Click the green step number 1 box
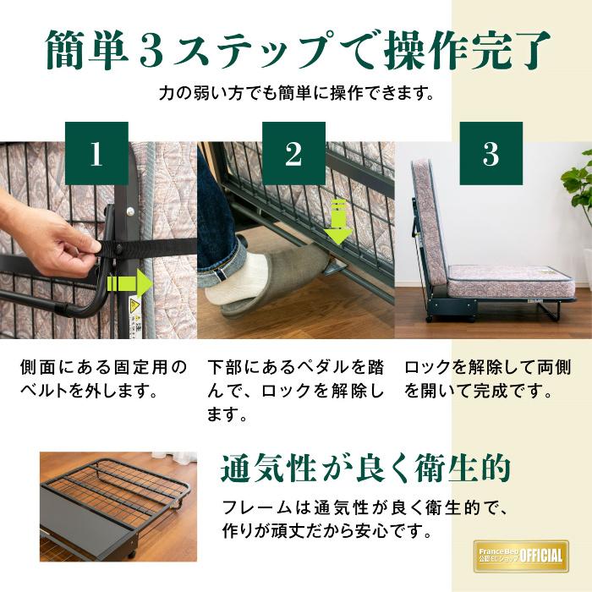(x=96, y=153)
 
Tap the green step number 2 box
(x=293, y=153)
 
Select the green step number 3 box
(x=491, y=153)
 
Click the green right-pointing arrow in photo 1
(x=129, y=282)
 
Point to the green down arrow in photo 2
(x=337, y=222)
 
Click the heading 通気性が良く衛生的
(x=365, y=467)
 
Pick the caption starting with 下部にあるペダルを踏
(x=295, y=392)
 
